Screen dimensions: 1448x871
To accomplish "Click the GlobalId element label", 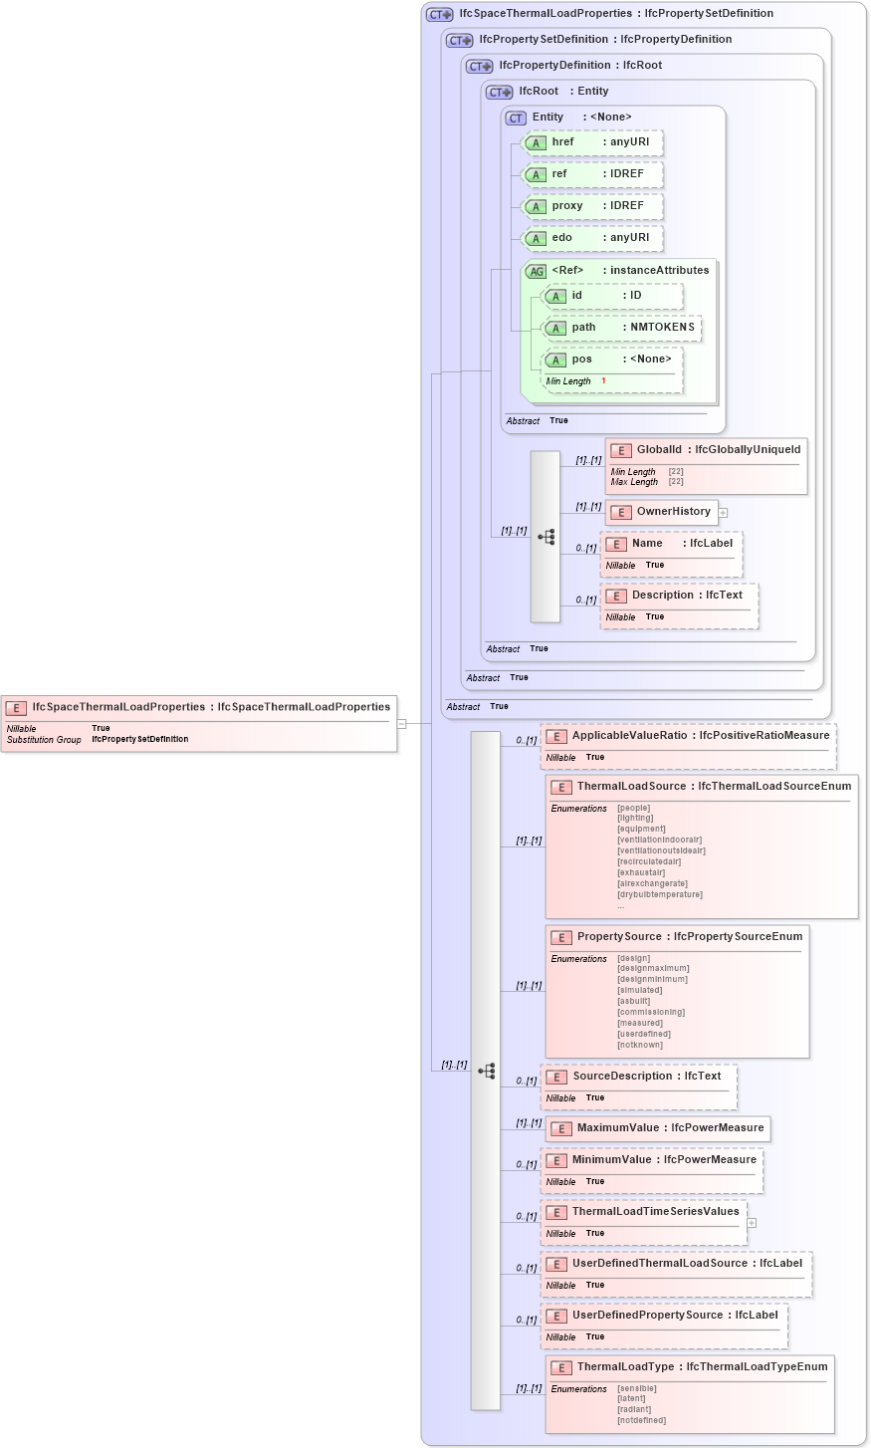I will (x=659, y=450).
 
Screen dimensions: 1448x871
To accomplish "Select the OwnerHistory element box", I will (x=661, y=512).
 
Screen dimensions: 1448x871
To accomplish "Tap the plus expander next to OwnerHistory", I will (x=723, y=513).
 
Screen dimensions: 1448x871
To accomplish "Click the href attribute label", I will (x=562, y=142).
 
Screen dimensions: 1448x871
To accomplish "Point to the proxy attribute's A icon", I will (x=536, y=207).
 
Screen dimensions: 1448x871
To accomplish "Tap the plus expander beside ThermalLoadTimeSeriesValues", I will (x=752, y=1223).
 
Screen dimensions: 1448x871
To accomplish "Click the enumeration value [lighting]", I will (x=635, y=819).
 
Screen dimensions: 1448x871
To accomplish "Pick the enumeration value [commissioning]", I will (x=651, y=1013).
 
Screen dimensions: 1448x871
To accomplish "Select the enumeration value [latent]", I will (x=631, y=1399).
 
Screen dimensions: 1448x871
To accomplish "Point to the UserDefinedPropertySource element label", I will (x=647, y=1316).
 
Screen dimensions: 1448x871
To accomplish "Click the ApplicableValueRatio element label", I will (x=629, y=736).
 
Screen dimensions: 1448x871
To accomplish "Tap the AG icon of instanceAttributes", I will (x=536, y=271).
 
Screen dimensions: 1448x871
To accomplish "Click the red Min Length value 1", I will (x=603, y=381).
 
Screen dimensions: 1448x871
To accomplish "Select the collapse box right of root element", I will (x=401, y=724).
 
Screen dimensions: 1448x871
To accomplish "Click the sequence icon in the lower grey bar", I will (x=486, y=1072).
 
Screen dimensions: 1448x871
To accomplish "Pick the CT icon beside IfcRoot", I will (x=499, y=92).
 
